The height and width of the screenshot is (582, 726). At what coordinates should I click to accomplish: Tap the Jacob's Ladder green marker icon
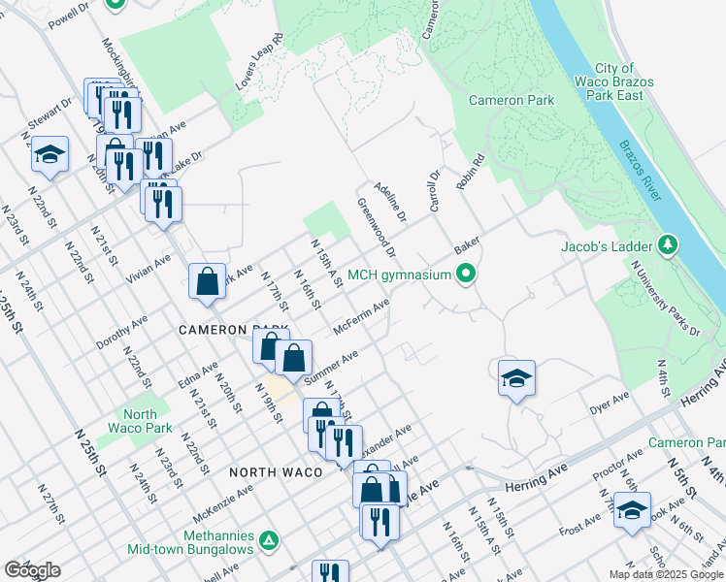[x=667, y=245]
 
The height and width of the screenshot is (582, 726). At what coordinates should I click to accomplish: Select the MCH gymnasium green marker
[x=467, y=275]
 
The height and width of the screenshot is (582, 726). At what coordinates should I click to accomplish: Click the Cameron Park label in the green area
[x=511, y=100]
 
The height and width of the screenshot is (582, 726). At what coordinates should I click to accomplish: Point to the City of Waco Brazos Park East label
[x=615, y=82]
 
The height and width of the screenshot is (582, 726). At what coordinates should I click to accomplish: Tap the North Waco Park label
[x=140, y=421]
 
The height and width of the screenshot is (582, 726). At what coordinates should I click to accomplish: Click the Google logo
[x=31, y=570]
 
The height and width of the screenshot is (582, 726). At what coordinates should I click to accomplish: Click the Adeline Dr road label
[x=395, y=202]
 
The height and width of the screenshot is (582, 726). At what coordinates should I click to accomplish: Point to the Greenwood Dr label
[x=377, y=228]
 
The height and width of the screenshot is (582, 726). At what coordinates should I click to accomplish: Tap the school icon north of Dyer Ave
[x=516, y=378]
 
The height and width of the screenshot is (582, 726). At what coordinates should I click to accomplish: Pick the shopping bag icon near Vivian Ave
[x=208, y=282]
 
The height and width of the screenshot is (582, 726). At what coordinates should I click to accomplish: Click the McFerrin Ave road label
[x=361, y=316]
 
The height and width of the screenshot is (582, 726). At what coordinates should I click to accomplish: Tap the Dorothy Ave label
[x=121, y=331]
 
